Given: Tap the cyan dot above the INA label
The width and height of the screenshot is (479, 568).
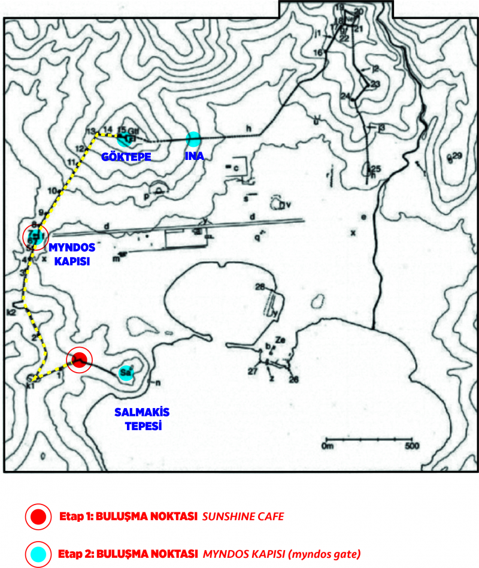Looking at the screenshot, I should [193, 139].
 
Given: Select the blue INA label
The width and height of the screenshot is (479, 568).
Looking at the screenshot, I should [194, 156].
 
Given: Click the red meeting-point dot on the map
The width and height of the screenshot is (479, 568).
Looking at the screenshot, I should [78, 359].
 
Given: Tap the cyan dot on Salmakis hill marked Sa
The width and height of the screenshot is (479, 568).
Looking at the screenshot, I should [125, 373].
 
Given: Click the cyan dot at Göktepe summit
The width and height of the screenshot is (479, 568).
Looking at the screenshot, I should [124, 140].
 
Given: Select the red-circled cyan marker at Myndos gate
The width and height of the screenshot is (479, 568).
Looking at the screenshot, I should [35, 237].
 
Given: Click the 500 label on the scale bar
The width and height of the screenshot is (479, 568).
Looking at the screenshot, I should [411, 446].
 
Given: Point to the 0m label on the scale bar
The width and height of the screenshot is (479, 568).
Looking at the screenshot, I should [328, 446].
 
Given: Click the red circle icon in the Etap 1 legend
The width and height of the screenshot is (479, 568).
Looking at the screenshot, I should [38, 516].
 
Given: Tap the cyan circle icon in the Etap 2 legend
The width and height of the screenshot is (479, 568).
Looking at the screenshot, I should [38, 552].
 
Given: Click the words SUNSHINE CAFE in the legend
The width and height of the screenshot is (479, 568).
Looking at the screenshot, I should [243, 516].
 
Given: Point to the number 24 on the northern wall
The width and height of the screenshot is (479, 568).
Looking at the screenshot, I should [345, 96].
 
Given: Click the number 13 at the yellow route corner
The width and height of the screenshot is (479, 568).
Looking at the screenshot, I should [90, 131].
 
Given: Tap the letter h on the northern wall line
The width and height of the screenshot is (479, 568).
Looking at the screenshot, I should [246, 128].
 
